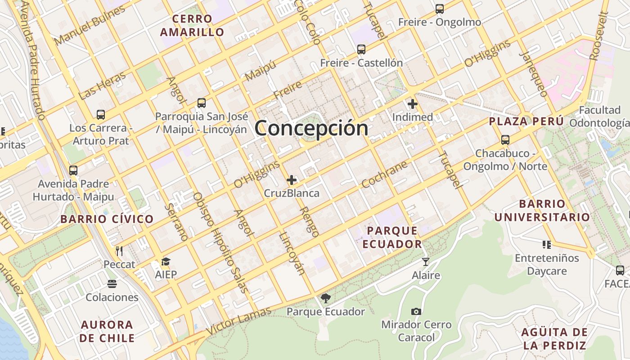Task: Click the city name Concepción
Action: pyautogui.click(x=311, y=128)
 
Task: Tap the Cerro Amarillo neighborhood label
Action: pyautogui.click(x=192, y=26)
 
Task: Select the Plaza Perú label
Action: pyautogui.click(x=526, y=121)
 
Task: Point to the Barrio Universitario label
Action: pyautogui.click(x=542, y=211)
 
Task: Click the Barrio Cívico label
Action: pyautogui.click(x=107, y=219)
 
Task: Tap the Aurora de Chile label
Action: pyautogui.click(x=107, y=331)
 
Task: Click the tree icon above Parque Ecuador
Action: pyautogui.click(x=325, y=298)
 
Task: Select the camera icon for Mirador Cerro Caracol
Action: pyautogui.click(x=416, y=311)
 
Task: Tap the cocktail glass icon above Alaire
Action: pyautogui.click(x=425, y=261)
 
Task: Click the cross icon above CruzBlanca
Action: pyautogui.click(x=292, y=180)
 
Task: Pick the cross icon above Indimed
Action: pyautogui.click(x=412, y=104)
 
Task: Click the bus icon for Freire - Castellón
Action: pyautogui.click(x=361, y=49)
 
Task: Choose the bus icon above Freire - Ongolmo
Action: pyautogui.click(x=439, y=9)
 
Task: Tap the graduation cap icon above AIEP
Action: pyautogui.click(x=166, y=261)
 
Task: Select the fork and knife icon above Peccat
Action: pyautogui.click(x=119, y=251)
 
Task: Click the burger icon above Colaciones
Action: pyautogui.click(x=112, y=284)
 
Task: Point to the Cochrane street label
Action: pyautogui.click(x=384, y=174)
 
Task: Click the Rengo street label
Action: pyautogui.click(x=309, y=221)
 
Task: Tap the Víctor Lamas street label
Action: pyautogui.click(x=239, y=320)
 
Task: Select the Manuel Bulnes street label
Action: pyautogui.click(x=90, y=26)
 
